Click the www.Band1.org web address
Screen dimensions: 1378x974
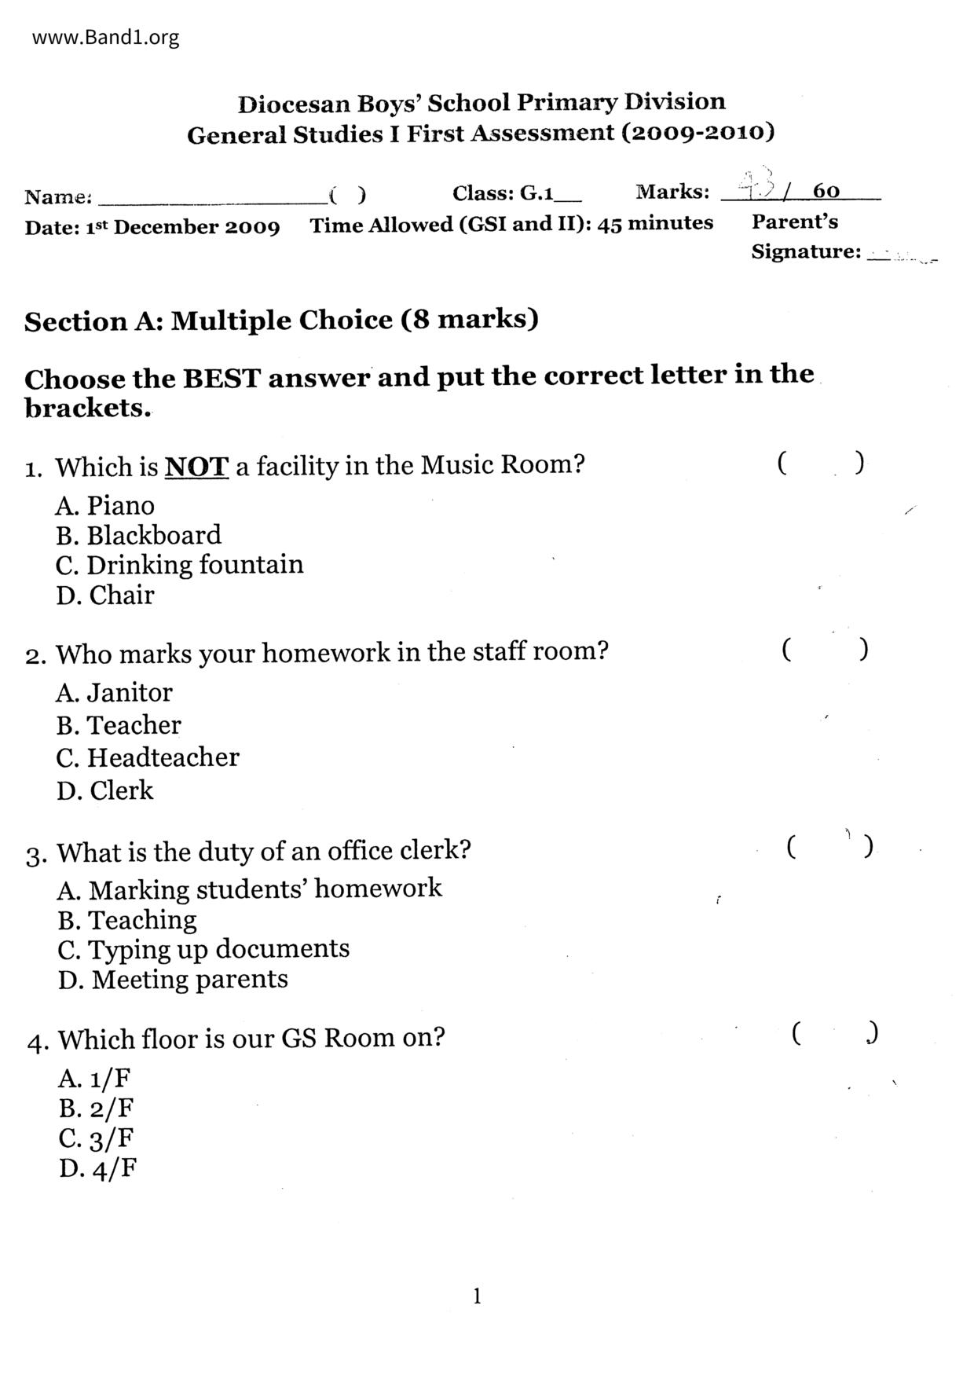(105, 37)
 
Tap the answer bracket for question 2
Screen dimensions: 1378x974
(825, 650)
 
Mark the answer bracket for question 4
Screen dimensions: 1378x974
(834, 1033)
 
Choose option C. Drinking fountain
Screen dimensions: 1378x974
(179, 565)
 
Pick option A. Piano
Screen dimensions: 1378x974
(105, 505)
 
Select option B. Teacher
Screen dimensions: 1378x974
(119, 724)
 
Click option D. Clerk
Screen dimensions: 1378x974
(105, 790)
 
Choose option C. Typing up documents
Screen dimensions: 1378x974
(203, 949)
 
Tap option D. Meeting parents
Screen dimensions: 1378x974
(173, 980)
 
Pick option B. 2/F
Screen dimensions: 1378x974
(96, 1109)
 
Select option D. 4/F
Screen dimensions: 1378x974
(97, 1169)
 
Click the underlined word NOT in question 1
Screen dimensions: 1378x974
(196, 467)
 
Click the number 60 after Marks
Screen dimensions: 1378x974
(826, 191)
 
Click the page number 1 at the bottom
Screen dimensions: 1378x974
(477, 1296)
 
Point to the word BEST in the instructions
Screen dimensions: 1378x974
(222, 379)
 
